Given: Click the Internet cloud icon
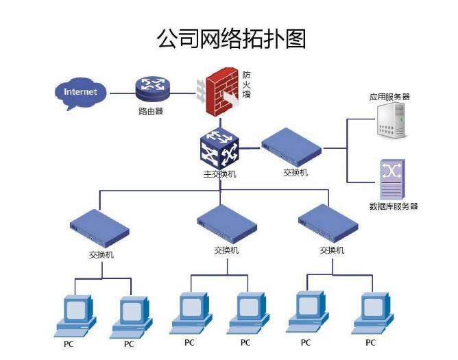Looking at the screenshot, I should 81,93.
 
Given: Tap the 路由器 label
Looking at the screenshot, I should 151,111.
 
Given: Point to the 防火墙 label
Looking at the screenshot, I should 246,84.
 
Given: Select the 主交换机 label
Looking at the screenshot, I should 220,174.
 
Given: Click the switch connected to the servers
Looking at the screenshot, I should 292,146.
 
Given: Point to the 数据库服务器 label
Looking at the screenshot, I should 393,206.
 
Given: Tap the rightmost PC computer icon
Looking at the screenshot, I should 371,313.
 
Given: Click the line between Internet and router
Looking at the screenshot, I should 119,91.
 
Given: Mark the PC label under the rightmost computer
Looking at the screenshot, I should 370,342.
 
